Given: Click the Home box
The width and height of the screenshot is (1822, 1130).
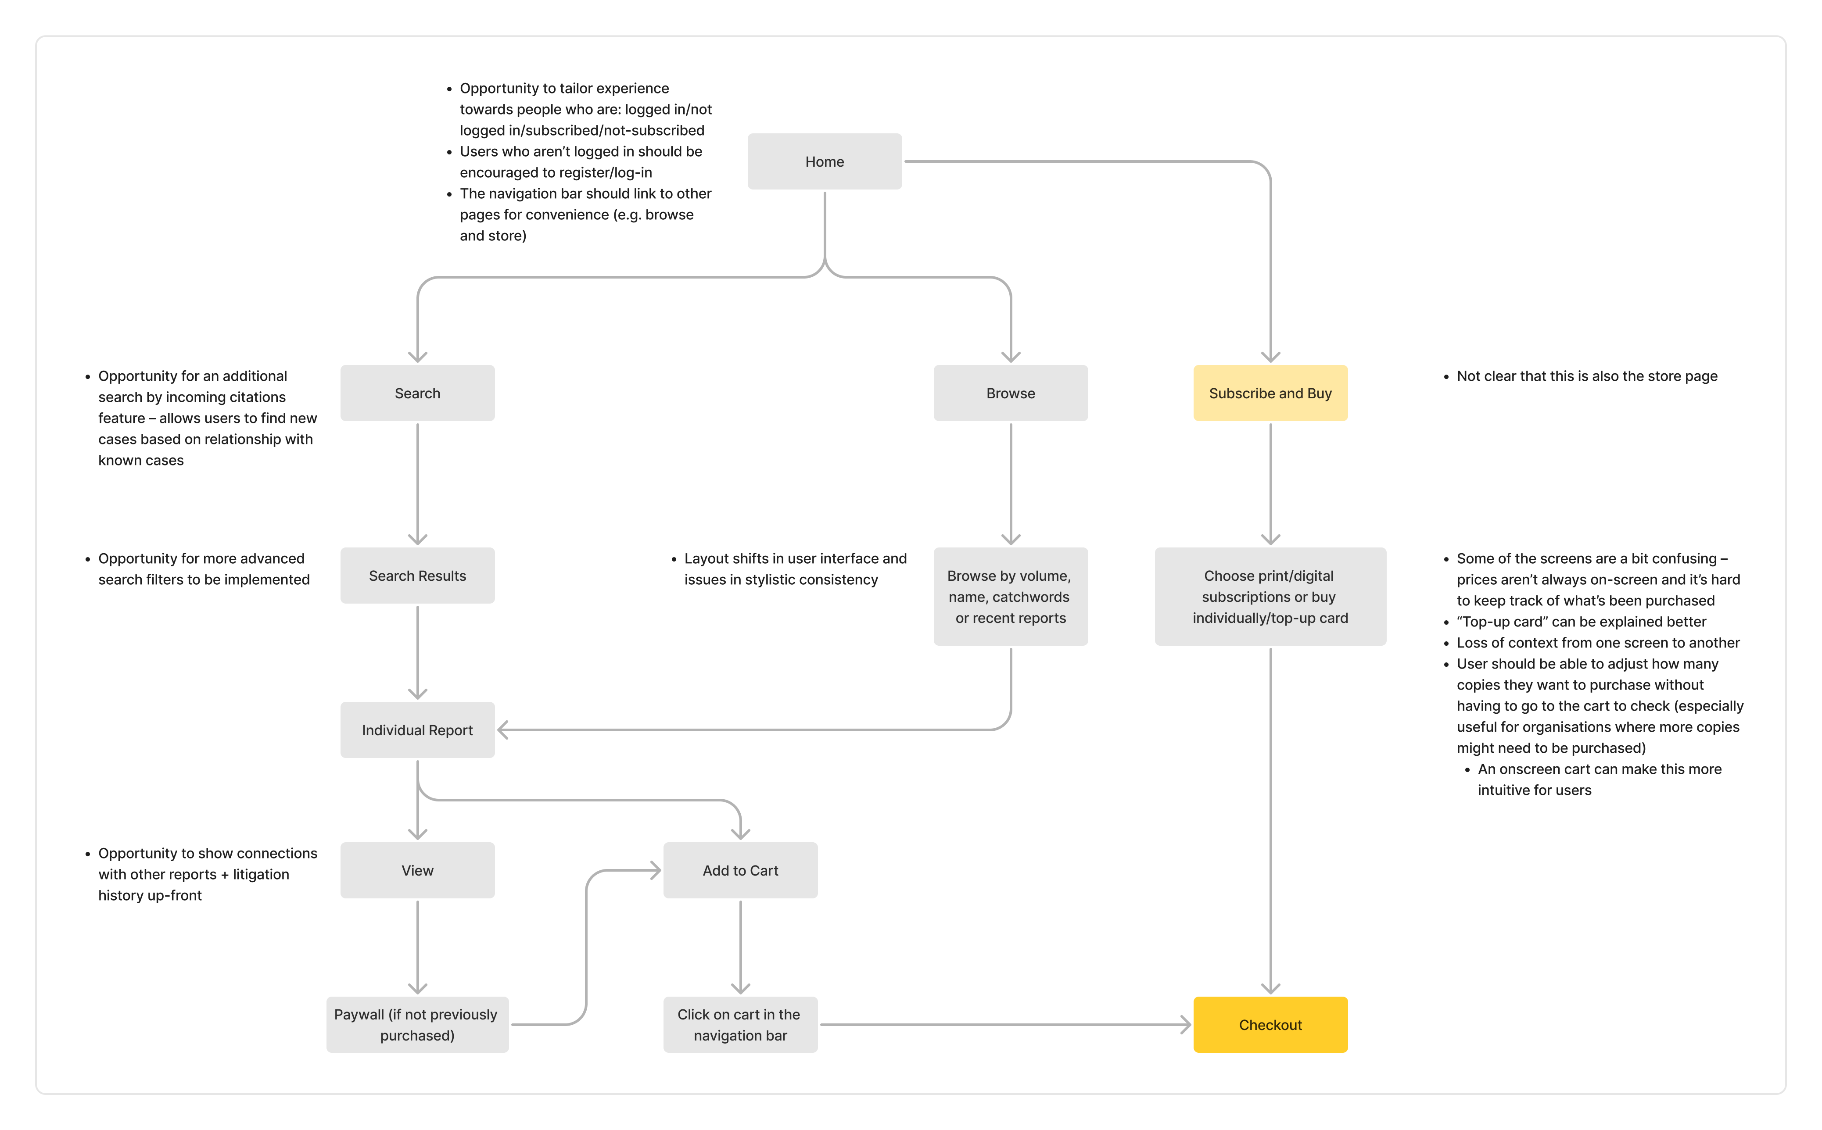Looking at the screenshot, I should tap(824, 161).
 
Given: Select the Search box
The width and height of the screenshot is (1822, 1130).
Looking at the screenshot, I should tap(417, 393).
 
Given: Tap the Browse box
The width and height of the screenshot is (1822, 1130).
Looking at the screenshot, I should tap(1010, 393).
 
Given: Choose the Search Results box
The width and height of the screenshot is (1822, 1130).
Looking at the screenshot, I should tap(417, 576).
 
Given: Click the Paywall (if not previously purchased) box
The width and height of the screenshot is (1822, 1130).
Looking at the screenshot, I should tap(417, 1025).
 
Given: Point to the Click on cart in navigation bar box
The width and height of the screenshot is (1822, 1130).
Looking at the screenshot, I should tap(740, 1025).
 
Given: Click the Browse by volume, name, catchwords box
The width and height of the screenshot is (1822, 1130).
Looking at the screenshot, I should tap(1010, 597).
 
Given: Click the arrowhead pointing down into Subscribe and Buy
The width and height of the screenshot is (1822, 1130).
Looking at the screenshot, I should tap(1270, 357).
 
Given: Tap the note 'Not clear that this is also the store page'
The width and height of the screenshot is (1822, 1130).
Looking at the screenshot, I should tap(1586, 376).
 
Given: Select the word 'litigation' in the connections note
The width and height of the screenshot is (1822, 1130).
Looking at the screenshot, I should tap(260, 874).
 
